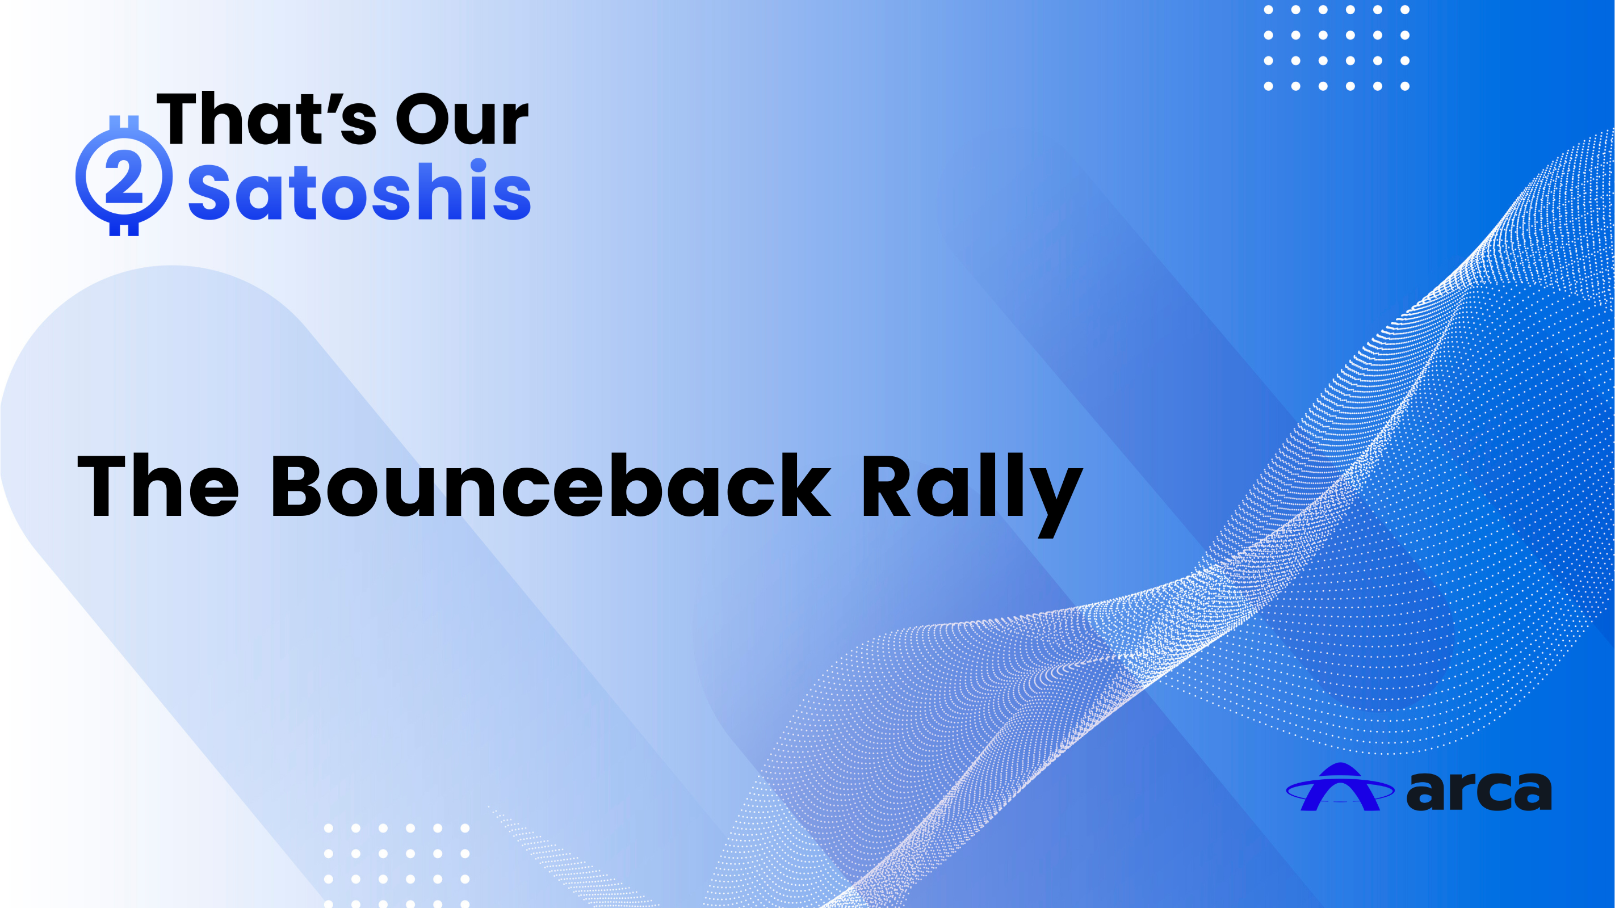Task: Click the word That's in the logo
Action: [x=266, y=118]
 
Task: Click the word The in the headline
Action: [x=158, y=485]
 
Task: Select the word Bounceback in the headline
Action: [x=551, y=485]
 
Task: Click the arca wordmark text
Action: [x=1479, y=791]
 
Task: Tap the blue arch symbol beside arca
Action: [x=1340, y=787]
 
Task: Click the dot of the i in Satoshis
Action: [x=479, y=165]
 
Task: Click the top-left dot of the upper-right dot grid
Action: [x=1268, y=10]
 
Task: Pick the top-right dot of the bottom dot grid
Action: [x=465, y=829]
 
